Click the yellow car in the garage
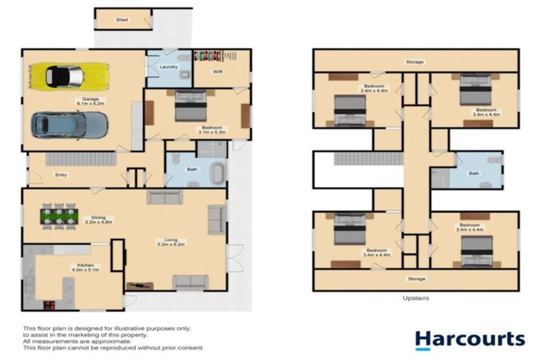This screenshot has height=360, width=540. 68,75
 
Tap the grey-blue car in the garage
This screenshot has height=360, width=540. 70,125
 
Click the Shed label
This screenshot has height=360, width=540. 122,20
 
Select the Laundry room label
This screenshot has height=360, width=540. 168,67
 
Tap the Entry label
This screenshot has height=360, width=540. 60,175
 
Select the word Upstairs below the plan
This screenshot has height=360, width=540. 415,297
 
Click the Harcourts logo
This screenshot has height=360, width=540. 469,340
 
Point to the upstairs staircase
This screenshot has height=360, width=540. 356,159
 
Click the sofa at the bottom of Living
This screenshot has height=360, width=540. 190,282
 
